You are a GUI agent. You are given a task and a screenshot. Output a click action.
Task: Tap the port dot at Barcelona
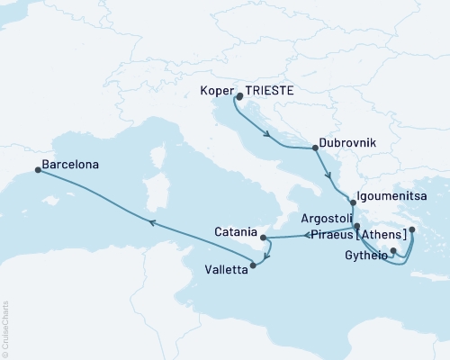tap(37, 168)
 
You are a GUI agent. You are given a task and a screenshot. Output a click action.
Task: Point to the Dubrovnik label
tap(347, 143)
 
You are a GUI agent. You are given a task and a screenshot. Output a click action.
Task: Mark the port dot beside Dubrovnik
tap(314, 148)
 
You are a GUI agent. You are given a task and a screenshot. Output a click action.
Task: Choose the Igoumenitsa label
tap(397, 193)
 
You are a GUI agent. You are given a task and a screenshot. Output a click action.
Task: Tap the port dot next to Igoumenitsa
tap(352, 204)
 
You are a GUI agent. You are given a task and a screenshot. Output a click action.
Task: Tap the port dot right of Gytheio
tap(393, 251)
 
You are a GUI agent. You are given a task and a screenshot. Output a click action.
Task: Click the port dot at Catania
tap(263, 238)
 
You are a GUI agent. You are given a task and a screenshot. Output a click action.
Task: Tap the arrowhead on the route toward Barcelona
tap(152, 222)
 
